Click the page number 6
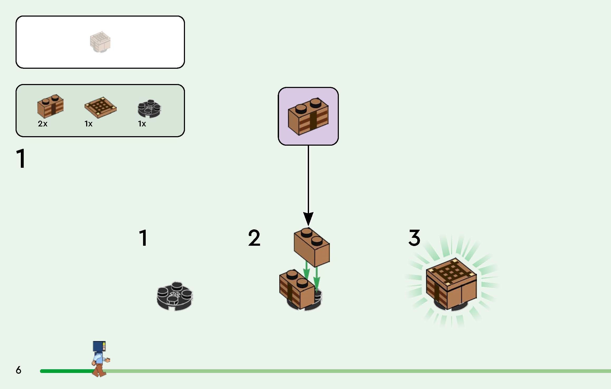click(18, 370)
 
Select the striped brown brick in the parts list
click(50, 106)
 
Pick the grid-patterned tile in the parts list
click(100, 107)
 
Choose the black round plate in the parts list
click(149, 109)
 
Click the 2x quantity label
click(43, 124)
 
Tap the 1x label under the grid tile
click(89, 124)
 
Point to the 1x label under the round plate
click(142, 124)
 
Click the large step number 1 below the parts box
click(21, 159)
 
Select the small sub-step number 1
click(143, 238)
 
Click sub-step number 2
click(254, 238)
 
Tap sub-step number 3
click(414, 238)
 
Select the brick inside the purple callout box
click(308, 117)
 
